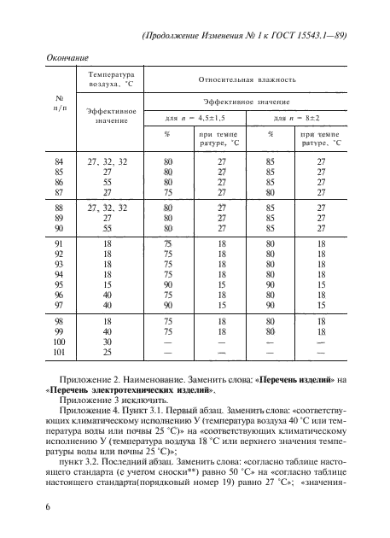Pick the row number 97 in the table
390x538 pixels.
(x=59, y=303)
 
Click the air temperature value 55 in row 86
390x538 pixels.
(x=108, y=182)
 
